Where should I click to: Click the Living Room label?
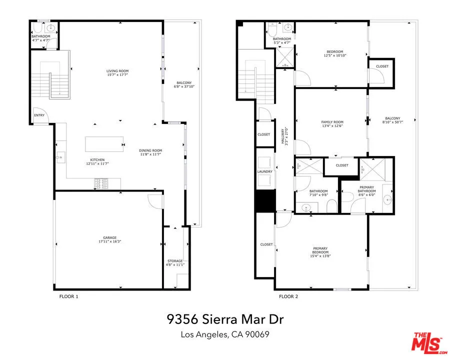pyautogui.click(x=117, y=71)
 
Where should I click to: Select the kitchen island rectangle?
pyautogui.click(x=104, y=143)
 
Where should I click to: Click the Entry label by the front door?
pyautogui.click(x=39, y=115)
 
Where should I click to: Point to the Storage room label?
pyautogui.click(x=175, y=261)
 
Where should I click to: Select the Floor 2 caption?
pyautogui.click(x=288, y=296)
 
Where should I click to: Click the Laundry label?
pyautogui.click(x=265, y=172)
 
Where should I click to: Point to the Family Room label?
pyautogui.click(x=332, y=122)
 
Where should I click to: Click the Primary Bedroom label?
pyautogui.click(x=320, y=250)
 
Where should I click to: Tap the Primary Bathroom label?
pyautogui.click(x=366, y=189)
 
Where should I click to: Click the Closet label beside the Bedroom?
pyautogui.click(x=382, y=66)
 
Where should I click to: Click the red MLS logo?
pyautogui.click(x=427, y=343)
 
